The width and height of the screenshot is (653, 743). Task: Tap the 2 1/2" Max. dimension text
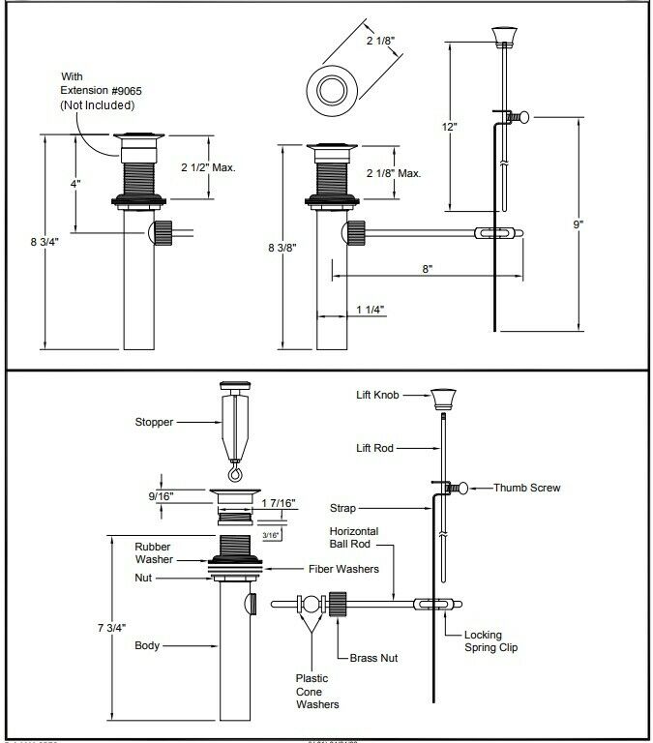point(209,167)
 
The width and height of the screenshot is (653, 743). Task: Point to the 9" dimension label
point(578,223)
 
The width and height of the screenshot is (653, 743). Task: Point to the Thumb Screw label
point(526,488)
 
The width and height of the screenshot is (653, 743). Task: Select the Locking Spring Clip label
point(490,640)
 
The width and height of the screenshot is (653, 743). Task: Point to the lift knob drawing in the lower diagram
point(443,395)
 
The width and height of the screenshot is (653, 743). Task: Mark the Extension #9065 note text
point(101,89)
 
